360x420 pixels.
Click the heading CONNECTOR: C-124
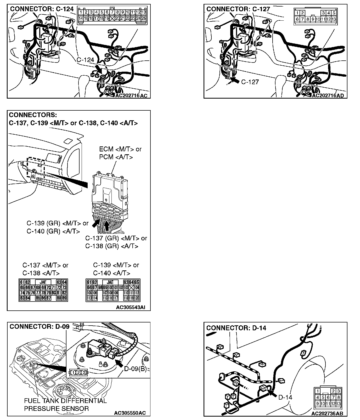point(42,9)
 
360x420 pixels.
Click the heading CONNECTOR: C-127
point(238,9)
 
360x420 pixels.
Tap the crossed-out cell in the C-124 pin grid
point(112,19)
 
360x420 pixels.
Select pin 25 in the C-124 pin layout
point(144,19)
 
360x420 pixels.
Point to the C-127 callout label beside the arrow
point(250,82)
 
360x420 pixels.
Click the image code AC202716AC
point(131,96)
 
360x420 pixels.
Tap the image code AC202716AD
point(328,96)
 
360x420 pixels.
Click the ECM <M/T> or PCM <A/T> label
point(120,153)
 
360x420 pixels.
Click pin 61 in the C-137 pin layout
point(22,282)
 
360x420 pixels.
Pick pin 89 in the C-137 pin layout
point(64,298)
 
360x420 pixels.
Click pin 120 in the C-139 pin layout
point(137,298)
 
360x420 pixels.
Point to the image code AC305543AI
point(130,308)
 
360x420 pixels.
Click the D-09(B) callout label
point(135,369)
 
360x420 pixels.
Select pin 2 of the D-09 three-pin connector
point(78,372)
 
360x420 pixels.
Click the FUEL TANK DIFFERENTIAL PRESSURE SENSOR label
point(65,405)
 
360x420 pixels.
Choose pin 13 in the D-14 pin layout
point(338,404)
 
